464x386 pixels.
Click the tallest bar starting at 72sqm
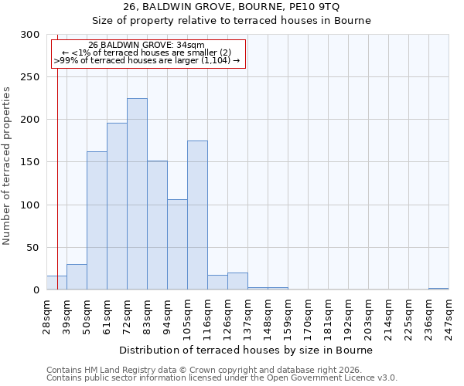tap(137, 194)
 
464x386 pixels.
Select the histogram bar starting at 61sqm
tap(117, 206)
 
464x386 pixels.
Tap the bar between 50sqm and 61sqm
tap(97, 221)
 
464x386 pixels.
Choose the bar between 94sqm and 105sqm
tap(177, 245)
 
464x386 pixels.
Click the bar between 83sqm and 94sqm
tap(157, 225)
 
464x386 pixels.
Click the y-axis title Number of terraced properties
tap(7, 166)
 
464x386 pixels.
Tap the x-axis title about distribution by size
tap(247, 350)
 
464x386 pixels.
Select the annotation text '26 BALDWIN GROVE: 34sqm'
tap(146, 45)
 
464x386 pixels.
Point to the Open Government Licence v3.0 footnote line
tap(222, 378)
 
